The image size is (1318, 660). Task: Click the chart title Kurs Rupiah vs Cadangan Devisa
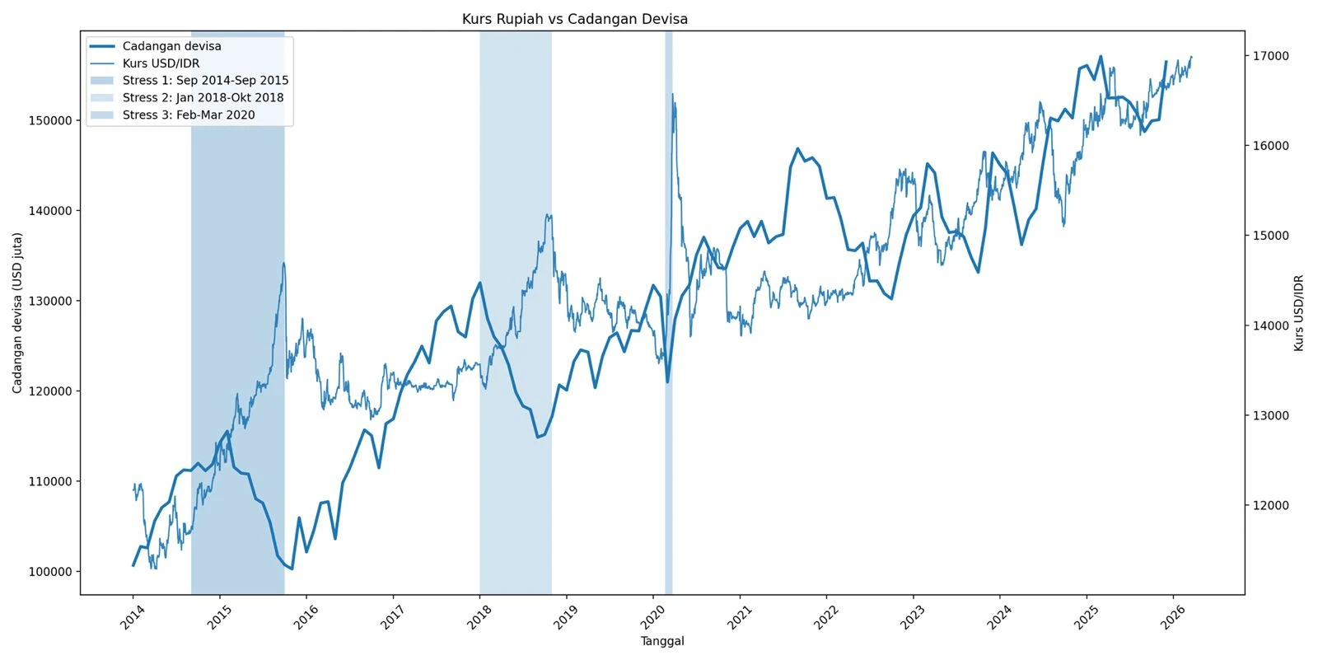coord(574,19)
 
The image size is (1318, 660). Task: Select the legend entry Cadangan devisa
coord(171,46)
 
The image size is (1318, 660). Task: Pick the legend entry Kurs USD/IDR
coord(161,63)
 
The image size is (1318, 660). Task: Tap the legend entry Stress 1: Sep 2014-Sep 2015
coord(205,81)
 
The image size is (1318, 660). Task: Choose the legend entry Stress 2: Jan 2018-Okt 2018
coord(203,97)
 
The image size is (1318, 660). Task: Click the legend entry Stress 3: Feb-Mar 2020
coord(189,115)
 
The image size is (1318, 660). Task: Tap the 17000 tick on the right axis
coord(1270,56)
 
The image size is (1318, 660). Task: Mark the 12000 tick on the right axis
coord(1270,506)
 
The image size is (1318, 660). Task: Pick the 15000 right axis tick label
coord(1270,236)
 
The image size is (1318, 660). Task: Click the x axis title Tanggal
coord(662,642)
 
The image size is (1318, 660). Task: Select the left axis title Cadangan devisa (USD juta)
coord(17,312)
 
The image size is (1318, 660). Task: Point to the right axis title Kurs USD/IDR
coord(1299,313)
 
